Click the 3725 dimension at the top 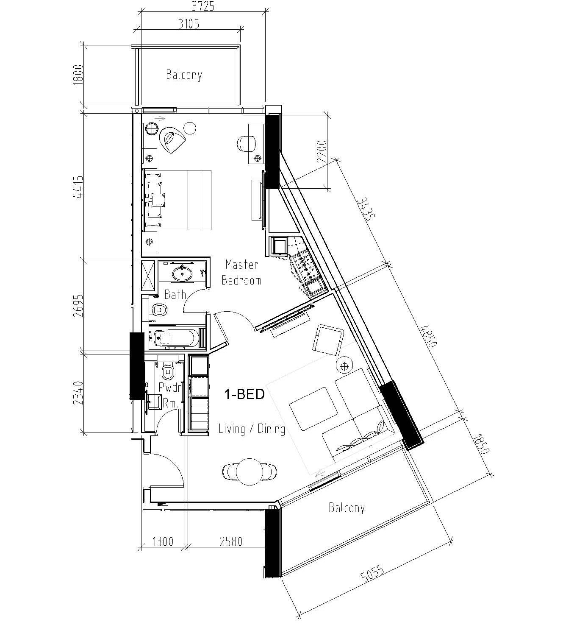pos(203,6)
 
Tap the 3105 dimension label pos(189,24)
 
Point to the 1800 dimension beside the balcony pos(78,75)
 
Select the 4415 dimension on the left pos(78,187)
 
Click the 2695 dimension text pos(78,306)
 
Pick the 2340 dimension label pos(78,393)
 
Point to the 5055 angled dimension pos(373,573)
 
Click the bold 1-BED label pos(244,394)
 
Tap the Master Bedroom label pos(242,273)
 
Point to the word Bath pos(175,295)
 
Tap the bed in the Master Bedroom pos(178,200)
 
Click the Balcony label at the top pos(184,75)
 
